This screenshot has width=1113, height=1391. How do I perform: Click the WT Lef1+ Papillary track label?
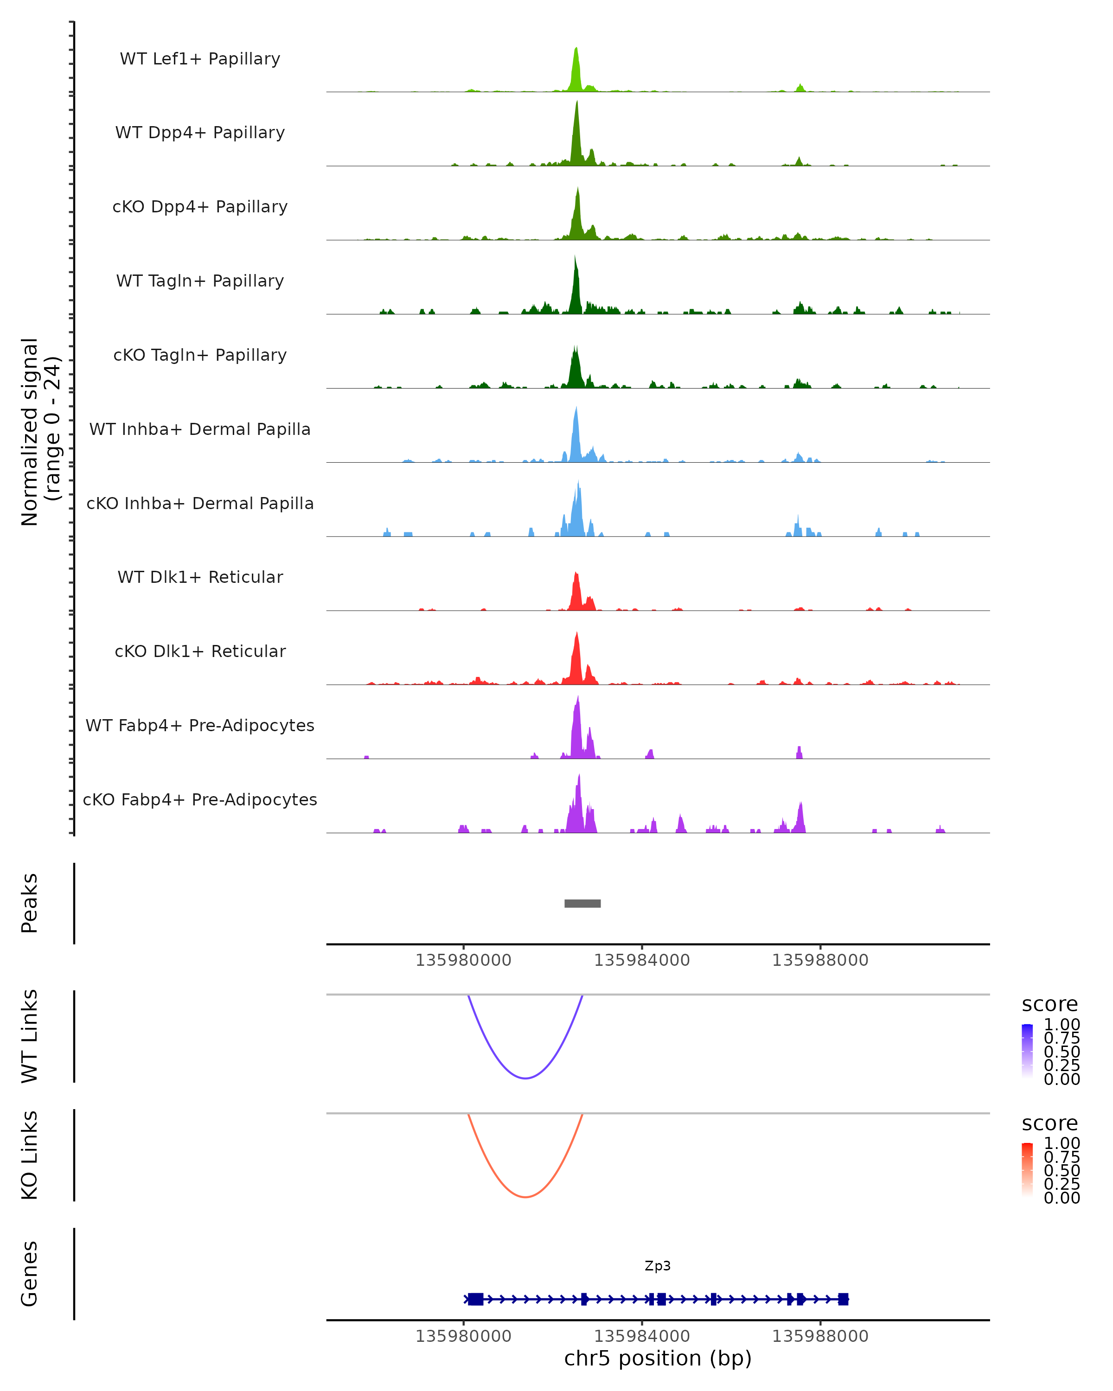pos(200,59)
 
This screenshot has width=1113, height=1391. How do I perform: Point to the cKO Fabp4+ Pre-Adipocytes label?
pos(200,799)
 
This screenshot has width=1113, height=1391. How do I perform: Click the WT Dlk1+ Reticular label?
pos(200,577)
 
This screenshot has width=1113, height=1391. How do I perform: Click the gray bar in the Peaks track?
pos(582,903)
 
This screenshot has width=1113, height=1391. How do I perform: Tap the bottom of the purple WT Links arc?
pos(526,1078)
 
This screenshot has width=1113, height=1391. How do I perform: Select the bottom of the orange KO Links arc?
pos(526,1197)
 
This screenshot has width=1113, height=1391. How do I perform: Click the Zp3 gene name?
pos(658,1266)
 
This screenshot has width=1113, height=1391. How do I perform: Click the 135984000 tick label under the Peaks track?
pos(641,960)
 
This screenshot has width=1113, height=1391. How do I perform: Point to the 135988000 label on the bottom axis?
pos(820,1336)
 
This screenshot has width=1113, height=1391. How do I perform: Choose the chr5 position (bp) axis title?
pos(658,1358)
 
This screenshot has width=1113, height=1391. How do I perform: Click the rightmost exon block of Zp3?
pos(843,1299)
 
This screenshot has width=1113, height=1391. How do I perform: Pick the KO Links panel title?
pos(29,1155)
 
